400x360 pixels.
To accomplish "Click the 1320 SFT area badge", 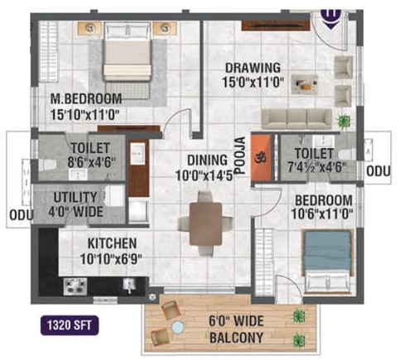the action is click(x=70, y=325).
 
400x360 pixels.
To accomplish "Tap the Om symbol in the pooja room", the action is click(x=260, y=158).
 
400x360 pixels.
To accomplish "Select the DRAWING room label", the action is click(x=253, y=68).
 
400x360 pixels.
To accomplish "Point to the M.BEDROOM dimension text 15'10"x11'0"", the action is click(x=84, y=114).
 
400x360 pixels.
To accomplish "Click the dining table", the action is click(x=205, y=223).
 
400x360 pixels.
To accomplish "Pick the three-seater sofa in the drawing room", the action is click(x=296, y=119).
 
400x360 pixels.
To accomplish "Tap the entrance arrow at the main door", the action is click(x=331, y=20).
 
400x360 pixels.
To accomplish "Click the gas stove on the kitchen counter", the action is click(x=75, y=286).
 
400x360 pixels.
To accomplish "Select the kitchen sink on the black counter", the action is click(x=129, y=286).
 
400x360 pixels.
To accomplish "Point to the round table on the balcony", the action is click(x=178, y=327).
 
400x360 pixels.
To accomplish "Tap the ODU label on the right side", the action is click(x=378, y=171).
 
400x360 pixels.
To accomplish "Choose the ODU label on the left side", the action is click(x=22, y=215).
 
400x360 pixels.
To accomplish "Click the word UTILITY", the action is click(x=75, y=198).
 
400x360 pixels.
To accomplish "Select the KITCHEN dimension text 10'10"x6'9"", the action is click(x=111, y=259).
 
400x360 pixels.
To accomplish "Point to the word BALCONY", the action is click(x=236, y=338).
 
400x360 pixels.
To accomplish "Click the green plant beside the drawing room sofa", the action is click(x=344, y=121).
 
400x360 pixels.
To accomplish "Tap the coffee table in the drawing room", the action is click(x=305, y=84).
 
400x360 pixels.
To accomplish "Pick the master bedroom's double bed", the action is click(x=128, y=57).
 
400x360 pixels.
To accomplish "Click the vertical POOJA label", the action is click(x=241, y=156).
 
